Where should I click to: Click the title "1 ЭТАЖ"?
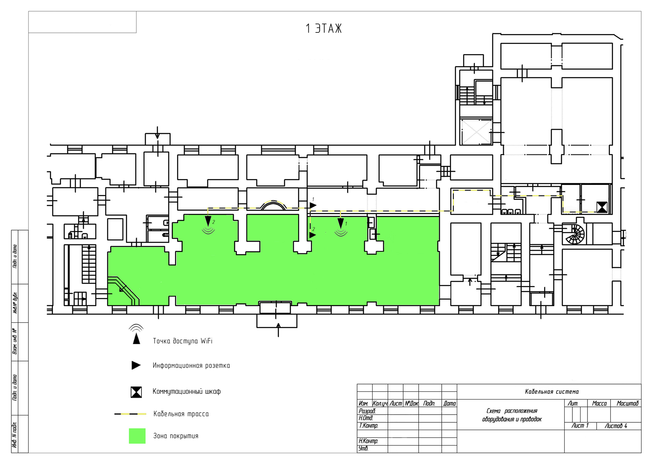coord(323,29)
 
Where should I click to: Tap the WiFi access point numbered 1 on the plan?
coord(340,227)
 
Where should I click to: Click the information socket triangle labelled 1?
coord(313,206)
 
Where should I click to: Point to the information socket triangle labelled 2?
coord(313,235)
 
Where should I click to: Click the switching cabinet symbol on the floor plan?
coord(602,207)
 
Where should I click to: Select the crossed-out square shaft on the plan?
coord(476,132)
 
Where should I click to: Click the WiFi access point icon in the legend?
coord(136,334)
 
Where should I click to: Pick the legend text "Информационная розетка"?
coord(191,366)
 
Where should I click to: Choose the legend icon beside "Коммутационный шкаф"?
coord(136,392)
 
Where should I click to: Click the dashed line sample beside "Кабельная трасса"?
coord(130,414)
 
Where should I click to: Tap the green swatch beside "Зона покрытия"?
coord(137,436)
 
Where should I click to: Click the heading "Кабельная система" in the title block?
coord(552,392)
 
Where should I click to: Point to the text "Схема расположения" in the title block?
coord(512,411)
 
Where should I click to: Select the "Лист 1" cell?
coord(580,426)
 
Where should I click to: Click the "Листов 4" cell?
coord(616,426)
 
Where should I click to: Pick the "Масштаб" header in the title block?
coord(627,404)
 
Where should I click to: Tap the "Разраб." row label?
coord(367,411)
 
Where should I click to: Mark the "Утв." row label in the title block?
coord(363,449)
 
